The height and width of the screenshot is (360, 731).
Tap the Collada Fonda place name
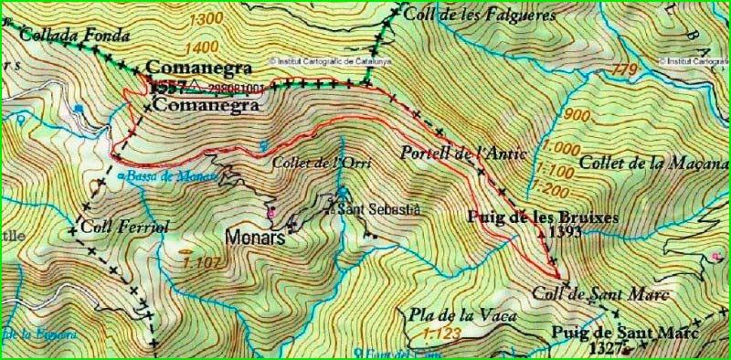point(74,37)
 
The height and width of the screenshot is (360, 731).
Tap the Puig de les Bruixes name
point(542,217)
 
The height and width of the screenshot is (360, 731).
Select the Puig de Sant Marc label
point(619,333)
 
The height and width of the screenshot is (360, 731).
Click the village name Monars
point(255,238)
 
